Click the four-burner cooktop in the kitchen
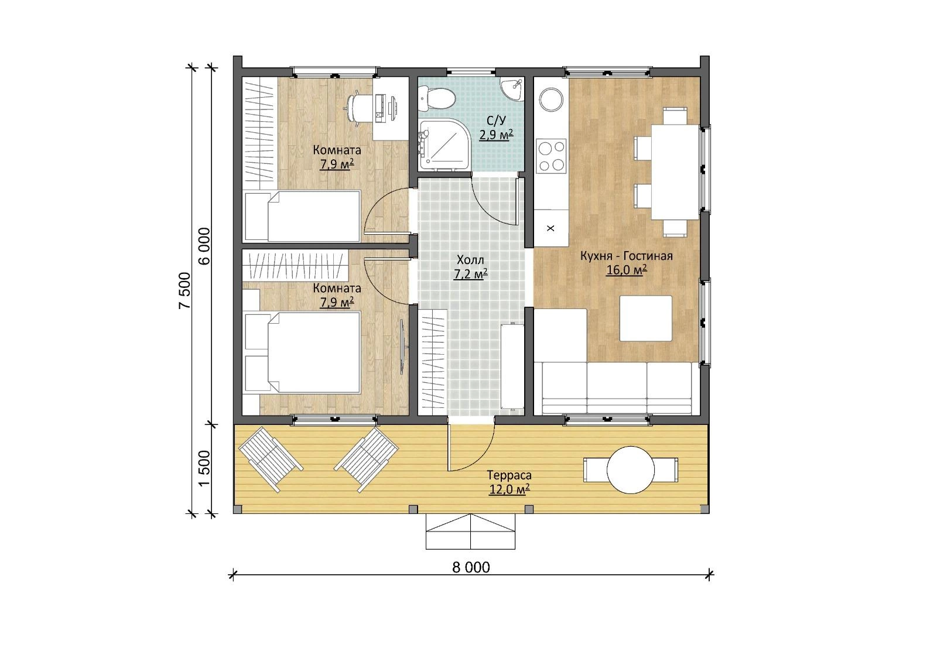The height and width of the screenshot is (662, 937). (x=551, y=156)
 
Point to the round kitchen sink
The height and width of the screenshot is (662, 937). (x=551, y=99)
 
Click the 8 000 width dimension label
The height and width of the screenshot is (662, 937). (x=471, y=568)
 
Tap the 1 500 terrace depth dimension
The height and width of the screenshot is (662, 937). (x=204, y=468)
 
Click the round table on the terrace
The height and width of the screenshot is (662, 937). (x=630, y=470)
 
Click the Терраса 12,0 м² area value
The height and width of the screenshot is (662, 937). (x=509, y=489)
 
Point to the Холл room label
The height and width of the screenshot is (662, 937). (x=470, y=260)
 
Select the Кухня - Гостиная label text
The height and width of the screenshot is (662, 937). (x=626, y=256)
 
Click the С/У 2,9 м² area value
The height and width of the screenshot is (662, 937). (x=496, y=135)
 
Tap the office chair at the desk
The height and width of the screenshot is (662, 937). (x=359, y=108)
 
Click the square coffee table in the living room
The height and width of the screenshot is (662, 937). (x=646, y=318)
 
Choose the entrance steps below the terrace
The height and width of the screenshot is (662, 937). (x=471, y=531)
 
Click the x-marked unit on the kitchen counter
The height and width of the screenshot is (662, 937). (x=551, y=228)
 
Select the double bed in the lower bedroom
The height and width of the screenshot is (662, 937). (x=302, y=352)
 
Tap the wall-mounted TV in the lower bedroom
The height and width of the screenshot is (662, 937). (x=402, y=347)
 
